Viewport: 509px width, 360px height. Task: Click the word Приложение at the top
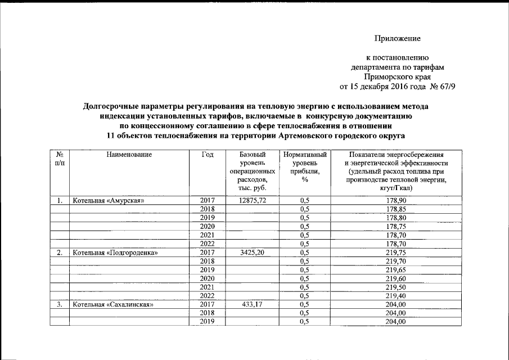pos(398,39)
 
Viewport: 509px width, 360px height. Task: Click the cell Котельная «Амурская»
pos(109,200)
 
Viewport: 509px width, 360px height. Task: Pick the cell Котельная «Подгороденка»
pos(114,253)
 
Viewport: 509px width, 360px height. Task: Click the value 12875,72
pos(251,200)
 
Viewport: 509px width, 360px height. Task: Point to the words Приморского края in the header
pos(397,77)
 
